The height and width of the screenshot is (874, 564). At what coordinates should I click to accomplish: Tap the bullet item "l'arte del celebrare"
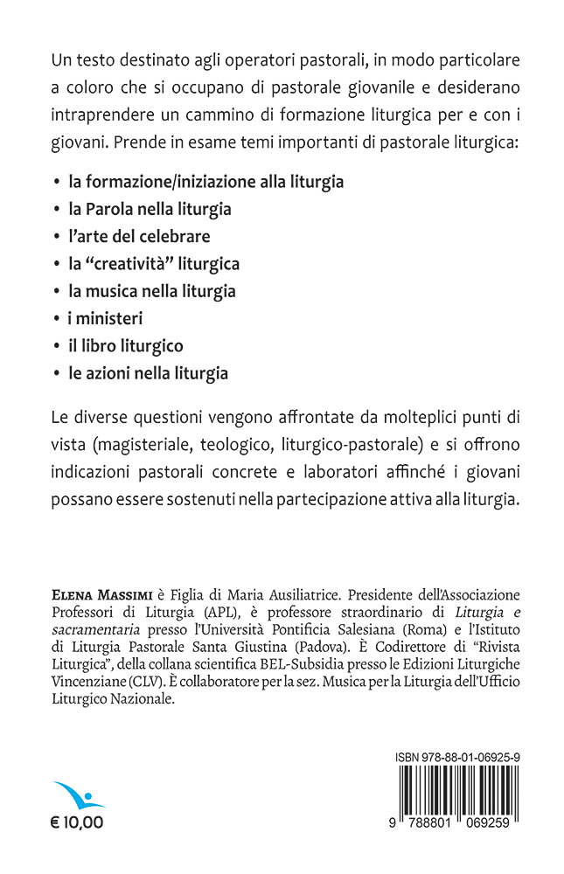pyautogui.click(x=139, y=236)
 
